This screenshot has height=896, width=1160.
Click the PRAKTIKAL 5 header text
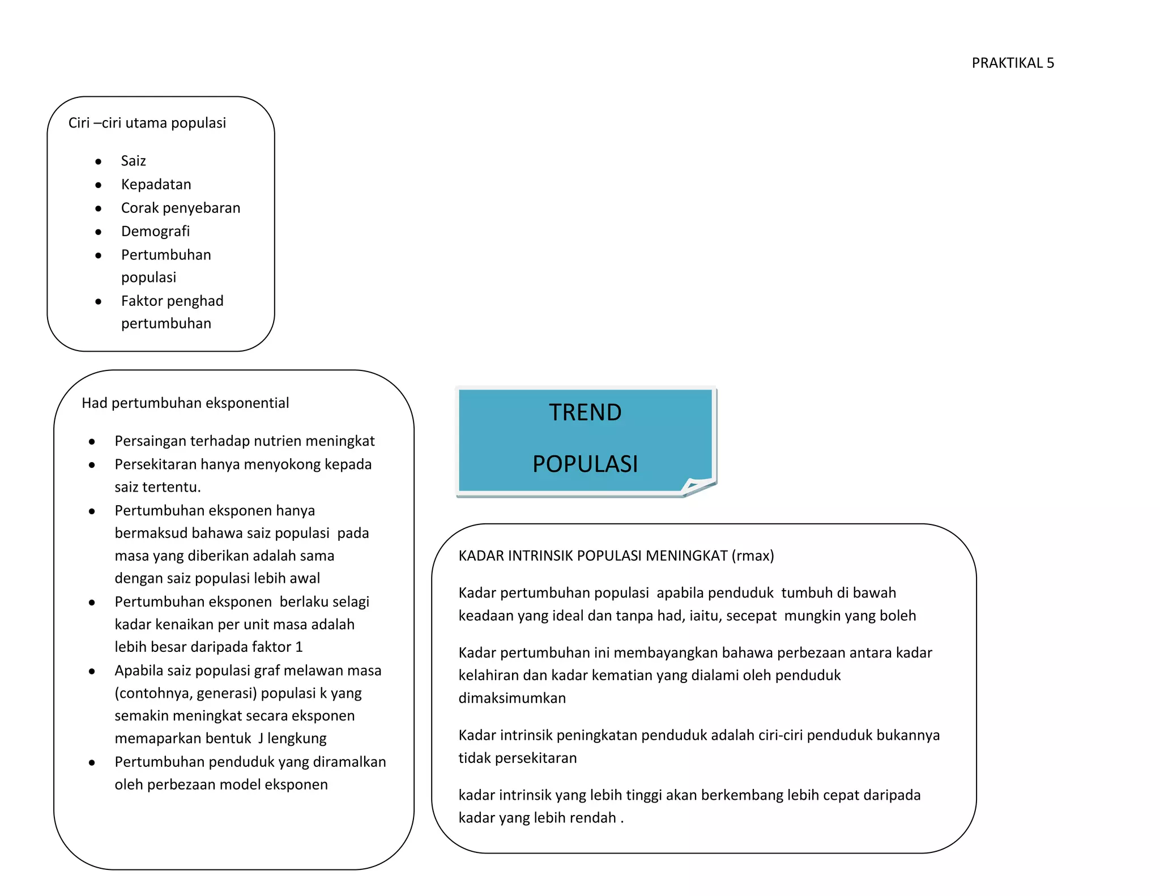[1012, 63]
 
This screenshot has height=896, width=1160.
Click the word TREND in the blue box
[585, 412]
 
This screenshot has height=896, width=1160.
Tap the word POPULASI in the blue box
[585, 464]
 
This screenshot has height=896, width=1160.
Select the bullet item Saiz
[133, 161]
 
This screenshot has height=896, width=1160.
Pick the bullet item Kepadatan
[156, 185]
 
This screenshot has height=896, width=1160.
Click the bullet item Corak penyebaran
[180, 208]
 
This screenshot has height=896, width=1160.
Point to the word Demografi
[155, 231]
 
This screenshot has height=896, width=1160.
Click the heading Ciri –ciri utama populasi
[147, 123]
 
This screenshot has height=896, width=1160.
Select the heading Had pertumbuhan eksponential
[185, 403]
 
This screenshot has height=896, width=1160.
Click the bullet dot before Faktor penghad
[99, 301]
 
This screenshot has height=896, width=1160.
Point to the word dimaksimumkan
[512, 698]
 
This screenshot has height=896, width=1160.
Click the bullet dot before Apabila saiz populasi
[92, 671]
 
